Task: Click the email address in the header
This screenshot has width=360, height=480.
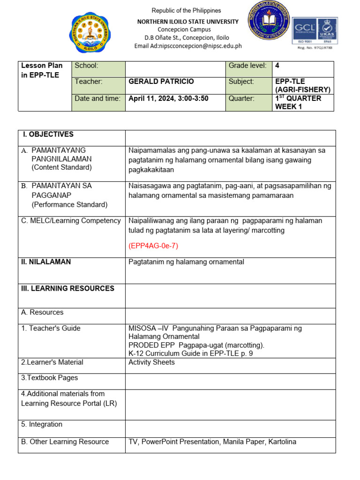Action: click(x=188, y=46)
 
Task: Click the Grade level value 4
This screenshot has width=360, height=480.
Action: click(x=277, y=66)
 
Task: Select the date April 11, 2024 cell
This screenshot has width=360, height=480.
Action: click(x=168, y=98)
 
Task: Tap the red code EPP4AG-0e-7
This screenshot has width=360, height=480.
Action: click(x=153, y=246)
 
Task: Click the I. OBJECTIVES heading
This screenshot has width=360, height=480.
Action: click(x=48, y=135)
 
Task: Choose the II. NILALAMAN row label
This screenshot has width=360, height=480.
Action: click(x=46, y=262)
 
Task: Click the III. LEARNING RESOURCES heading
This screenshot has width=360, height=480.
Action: click(x=67, y=288)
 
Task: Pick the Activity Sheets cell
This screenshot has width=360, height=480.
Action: click(x=151, y=362)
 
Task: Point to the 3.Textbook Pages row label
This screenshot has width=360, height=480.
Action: click(x=49, y=378)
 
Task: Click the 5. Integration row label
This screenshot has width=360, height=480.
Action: click(x=42, y=424)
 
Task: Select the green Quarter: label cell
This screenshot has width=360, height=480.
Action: click(x=241, y=98)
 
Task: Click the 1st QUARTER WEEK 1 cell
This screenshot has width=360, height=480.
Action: click(x=298, y=102)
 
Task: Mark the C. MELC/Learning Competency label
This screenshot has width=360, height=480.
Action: click(x=71, y=221)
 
